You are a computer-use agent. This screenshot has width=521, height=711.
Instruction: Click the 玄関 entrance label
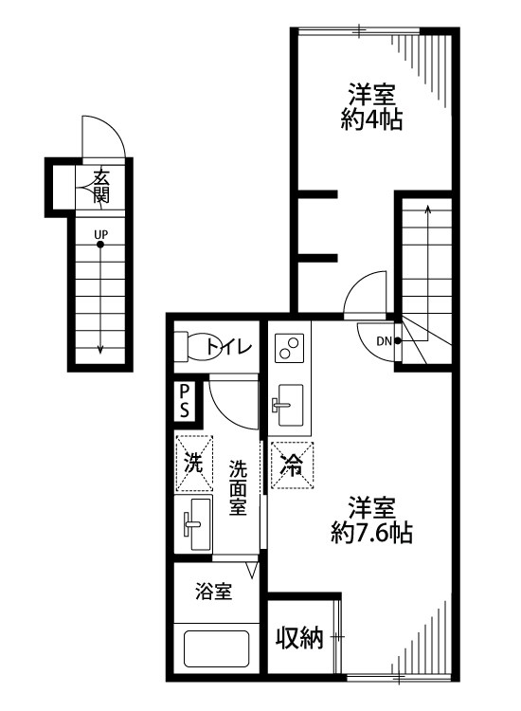click(100, 187)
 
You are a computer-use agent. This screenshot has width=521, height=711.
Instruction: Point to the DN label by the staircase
click(384, 341)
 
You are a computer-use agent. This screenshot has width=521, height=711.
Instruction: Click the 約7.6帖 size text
click(371, 533)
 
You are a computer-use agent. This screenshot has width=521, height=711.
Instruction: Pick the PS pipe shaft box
click(186, 401)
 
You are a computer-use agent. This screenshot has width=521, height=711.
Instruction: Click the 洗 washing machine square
click(193, 465)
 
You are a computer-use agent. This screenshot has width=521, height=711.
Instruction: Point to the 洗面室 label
click(238, 486)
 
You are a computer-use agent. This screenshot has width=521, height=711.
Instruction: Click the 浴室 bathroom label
click(214, 592)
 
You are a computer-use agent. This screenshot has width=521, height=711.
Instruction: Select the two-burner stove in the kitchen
click(288, 348)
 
